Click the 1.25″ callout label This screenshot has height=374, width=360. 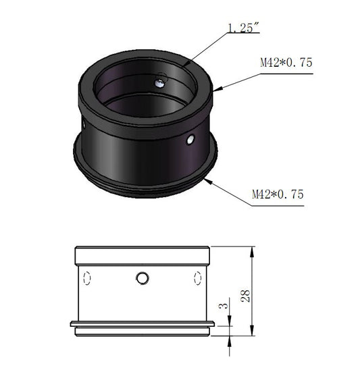243,28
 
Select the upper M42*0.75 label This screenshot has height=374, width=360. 286,63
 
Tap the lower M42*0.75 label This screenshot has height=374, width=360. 278,194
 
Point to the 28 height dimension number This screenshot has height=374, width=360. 245,296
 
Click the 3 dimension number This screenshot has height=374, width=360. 224,306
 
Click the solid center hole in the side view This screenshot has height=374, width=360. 143,278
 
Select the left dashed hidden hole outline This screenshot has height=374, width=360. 87,278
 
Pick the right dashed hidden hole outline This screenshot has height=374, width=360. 198,278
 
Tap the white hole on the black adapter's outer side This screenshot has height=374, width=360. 190,140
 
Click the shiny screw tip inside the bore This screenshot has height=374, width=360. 159,83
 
